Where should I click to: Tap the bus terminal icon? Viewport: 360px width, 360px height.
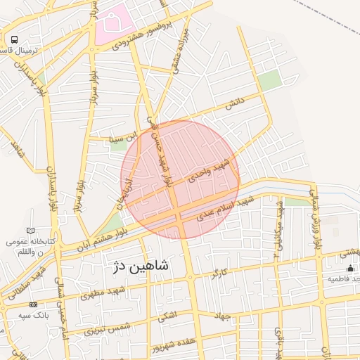tap(15, 40)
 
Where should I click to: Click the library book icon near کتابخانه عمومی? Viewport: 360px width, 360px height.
tap(30, 231)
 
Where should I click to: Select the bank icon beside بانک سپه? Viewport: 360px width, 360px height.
tap(32, 304)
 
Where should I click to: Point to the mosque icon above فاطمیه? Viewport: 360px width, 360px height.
tap(350, 268)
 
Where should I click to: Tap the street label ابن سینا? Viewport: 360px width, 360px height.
tap(110, 134)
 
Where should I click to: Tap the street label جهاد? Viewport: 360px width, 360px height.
tap(224, 316)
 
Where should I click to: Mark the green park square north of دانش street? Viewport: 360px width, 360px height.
tap(269, 81)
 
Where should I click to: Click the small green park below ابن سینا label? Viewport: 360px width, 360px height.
tap(117, 147)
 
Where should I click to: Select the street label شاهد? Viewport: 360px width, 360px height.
tap(15, 149)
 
